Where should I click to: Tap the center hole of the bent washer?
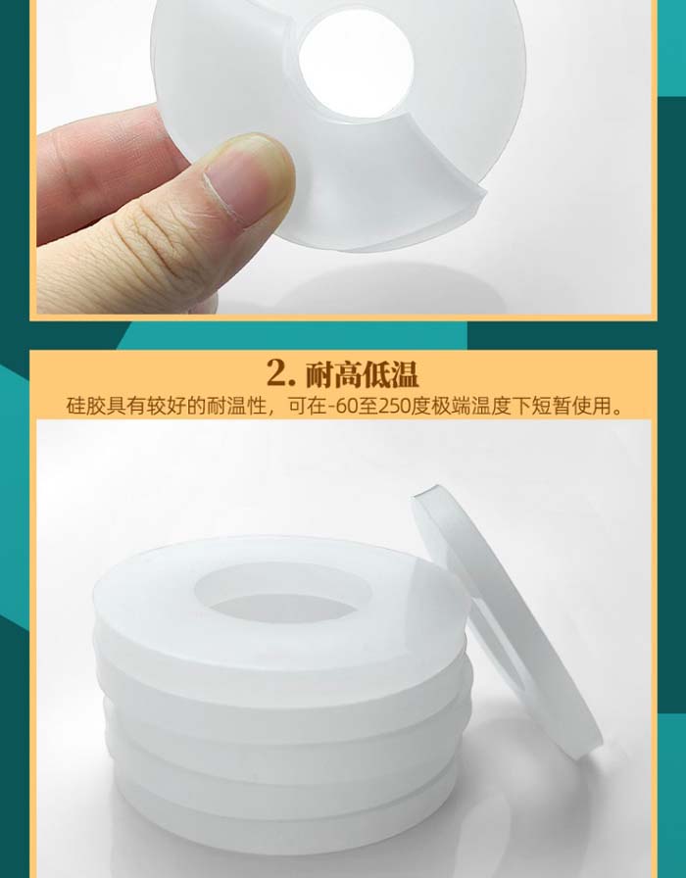[356, 63]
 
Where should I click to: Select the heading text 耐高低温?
[362, 373]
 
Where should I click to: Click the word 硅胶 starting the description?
[85, 406]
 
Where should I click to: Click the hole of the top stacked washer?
[283, 594]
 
